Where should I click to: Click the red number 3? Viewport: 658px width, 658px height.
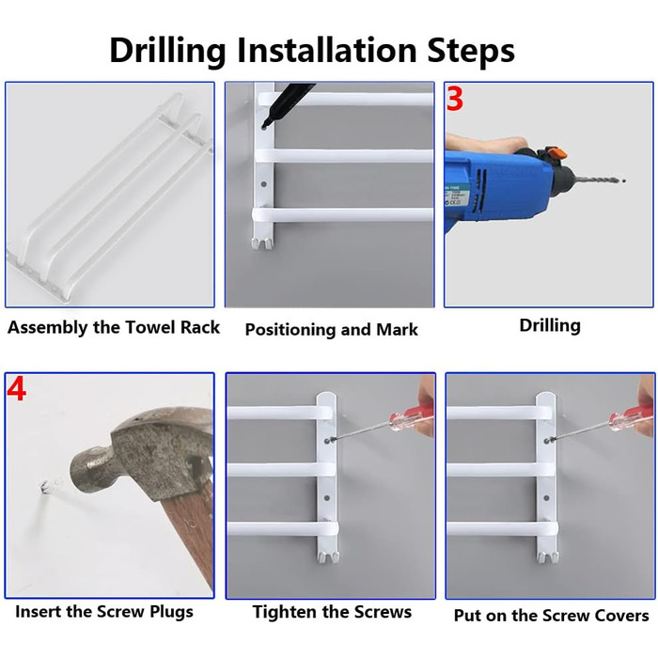[x=454, y=99]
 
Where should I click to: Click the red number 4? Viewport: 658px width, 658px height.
[x=16, y=389]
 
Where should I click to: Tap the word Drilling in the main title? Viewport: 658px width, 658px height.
[x=168, y=51]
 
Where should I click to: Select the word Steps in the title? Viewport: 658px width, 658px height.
[x=470, y=51]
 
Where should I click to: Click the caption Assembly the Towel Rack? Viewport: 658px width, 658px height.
[x=114, y=327]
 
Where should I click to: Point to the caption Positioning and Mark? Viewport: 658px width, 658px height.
[x=331, y=329]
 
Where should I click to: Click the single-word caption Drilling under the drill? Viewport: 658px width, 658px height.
[x=550, y=325]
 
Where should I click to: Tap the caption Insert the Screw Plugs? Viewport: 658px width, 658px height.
[x=104, y=611]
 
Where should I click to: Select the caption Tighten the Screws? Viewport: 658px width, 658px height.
[x=332, y=612]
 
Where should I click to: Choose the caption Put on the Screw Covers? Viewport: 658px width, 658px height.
[x=552, y=616]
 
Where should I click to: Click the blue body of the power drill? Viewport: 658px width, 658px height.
[x=495, y=184]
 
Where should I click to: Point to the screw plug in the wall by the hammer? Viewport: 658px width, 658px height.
[x=45, y=487]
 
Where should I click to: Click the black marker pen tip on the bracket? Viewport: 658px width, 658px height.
[x=265, y=124]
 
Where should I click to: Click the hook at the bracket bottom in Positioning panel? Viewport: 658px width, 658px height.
[x=262, y=243]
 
